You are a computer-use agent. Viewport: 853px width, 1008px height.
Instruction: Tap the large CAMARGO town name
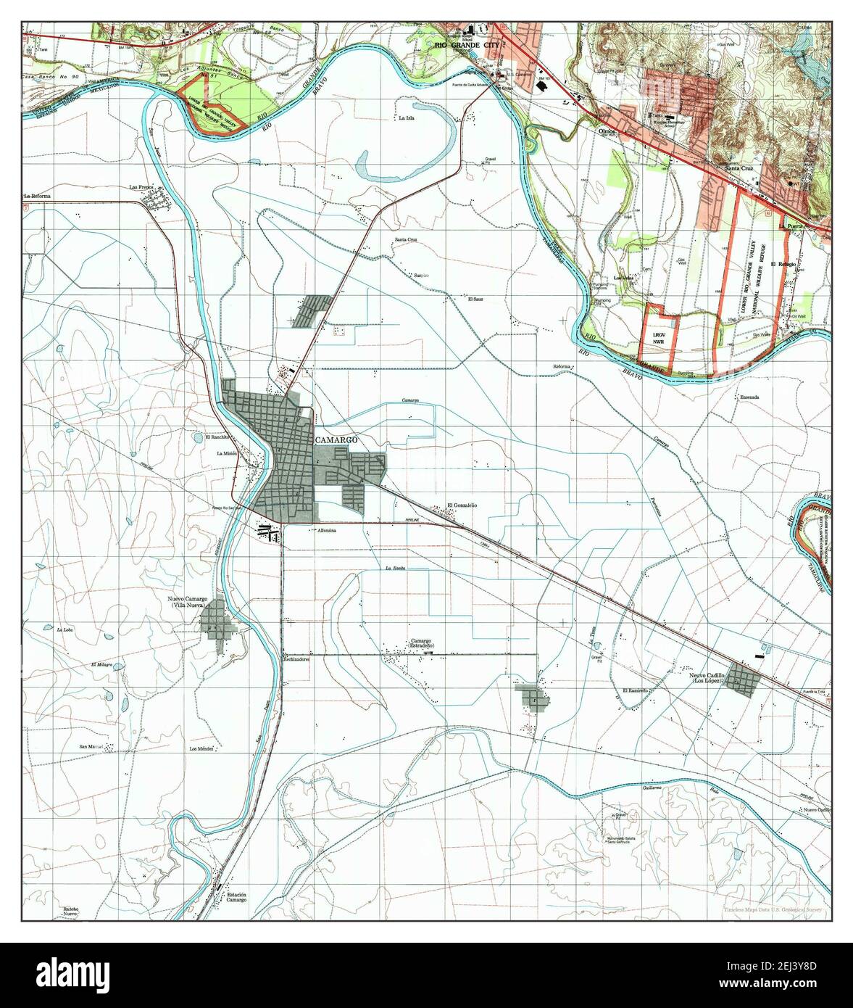click(x=336, y=440)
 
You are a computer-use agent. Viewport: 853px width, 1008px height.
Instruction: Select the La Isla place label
click(x=406, y=117)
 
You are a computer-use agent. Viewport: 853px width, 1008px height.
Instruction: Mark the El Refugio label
click(x=783, y=264)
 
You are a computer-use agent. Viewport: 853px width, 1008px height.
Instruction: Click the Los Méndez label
click(x=201, y=748)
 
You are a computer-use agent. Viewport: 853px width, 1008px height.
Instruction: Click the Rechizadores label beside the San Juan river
click(x=296, y=659)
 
